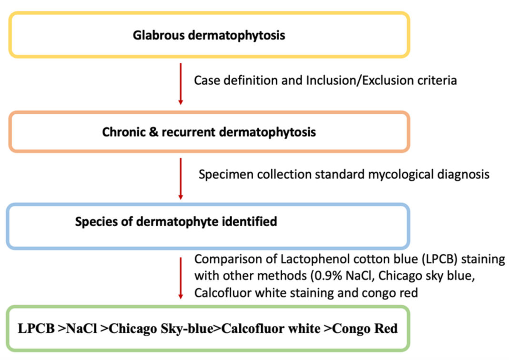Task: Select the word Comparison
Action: click(222, 260)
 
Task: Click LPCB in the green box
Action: click(35, 329)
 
